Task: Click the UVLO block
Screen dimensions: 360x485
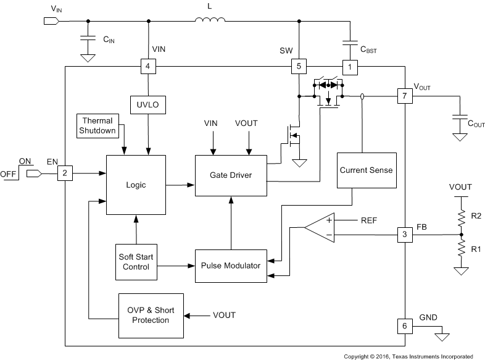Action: pyautogui.click(x=148, y=105)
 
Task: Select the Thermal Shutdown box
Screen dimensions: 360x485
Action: pyautogui.click(x=97, y=125)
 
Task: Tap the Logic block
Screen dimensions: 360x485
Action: pyautogui.click(x=136, y=185)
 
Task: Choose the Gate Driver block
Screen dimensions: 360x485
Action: pyautogui.click(x=232, y=175)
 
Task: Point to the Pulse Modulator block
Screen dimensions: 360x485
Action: pyautogui.click(x=231, y=266)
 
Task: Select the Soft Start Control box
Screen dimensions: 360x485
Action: pyautogui.click(x=136, y=262)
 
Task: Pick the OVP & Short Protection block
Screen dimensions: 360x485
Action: pyautogui.click(x=151, y=316)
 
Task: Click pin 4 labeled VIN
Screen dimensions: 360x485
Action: pyautogui.click(x=148, y=66)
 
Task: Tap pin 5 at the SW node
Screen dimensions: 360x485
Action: pyautogui.click(x=299, y=66)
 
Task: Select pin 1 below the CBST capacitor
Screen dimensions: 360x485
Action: pyautogui.click(x=350, y=66)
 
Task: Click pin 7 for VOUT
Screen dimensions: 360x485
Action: pyautogui.click(x=404, y=96)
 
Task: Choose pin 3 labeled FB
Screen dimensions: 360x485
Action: pyautogui.click(x=404, y=235)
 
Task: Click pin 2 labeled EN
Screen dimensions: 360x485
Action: pyautogui.click(x=65, y=174)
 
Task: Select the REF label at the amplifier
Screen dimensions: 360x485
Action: pyautogui.click(x=369, y=220)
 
